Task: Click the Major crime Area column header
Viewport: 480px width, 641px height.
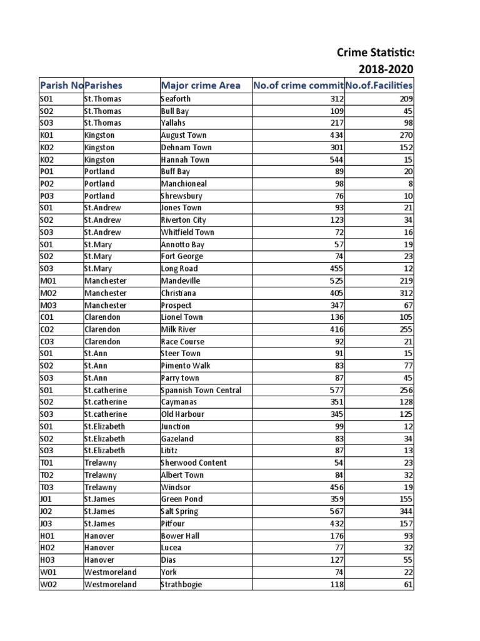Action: coord(200,85)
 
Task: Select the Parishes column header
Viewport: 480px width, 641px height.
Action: coord(104,85)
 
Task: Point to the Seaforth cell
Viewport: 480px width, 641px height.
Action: coord(176,99)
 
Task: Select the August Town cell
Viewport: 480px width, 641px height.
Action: coord(184,135)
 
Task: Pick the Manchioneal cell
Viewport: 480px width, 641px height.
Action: coord(184,184)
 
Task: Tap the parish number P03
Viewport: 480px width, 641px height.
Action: coord(49,196)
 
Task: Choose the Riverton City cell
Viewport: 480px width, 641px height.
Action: coord(184,220)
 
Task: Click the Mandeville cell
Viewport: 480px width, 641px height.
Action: coord(181,281)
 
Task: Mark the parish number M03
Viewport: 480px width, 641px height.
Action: coord(49,305)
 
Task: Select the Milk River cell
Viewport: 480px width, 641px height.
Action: coord(178,329)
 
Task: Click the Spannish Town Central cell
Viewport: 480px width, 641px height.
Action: coord(201,390)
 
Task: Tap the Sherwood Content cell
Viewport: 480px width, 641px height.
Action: coord(194,463)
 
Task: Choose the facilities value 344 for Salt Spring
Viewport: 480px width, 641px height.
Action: coord(405,511)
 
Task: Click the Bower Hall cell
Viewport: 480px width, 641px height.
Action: coord(179,536)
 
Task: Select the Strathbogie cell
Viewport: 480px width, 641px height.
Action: coord(182,585)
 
